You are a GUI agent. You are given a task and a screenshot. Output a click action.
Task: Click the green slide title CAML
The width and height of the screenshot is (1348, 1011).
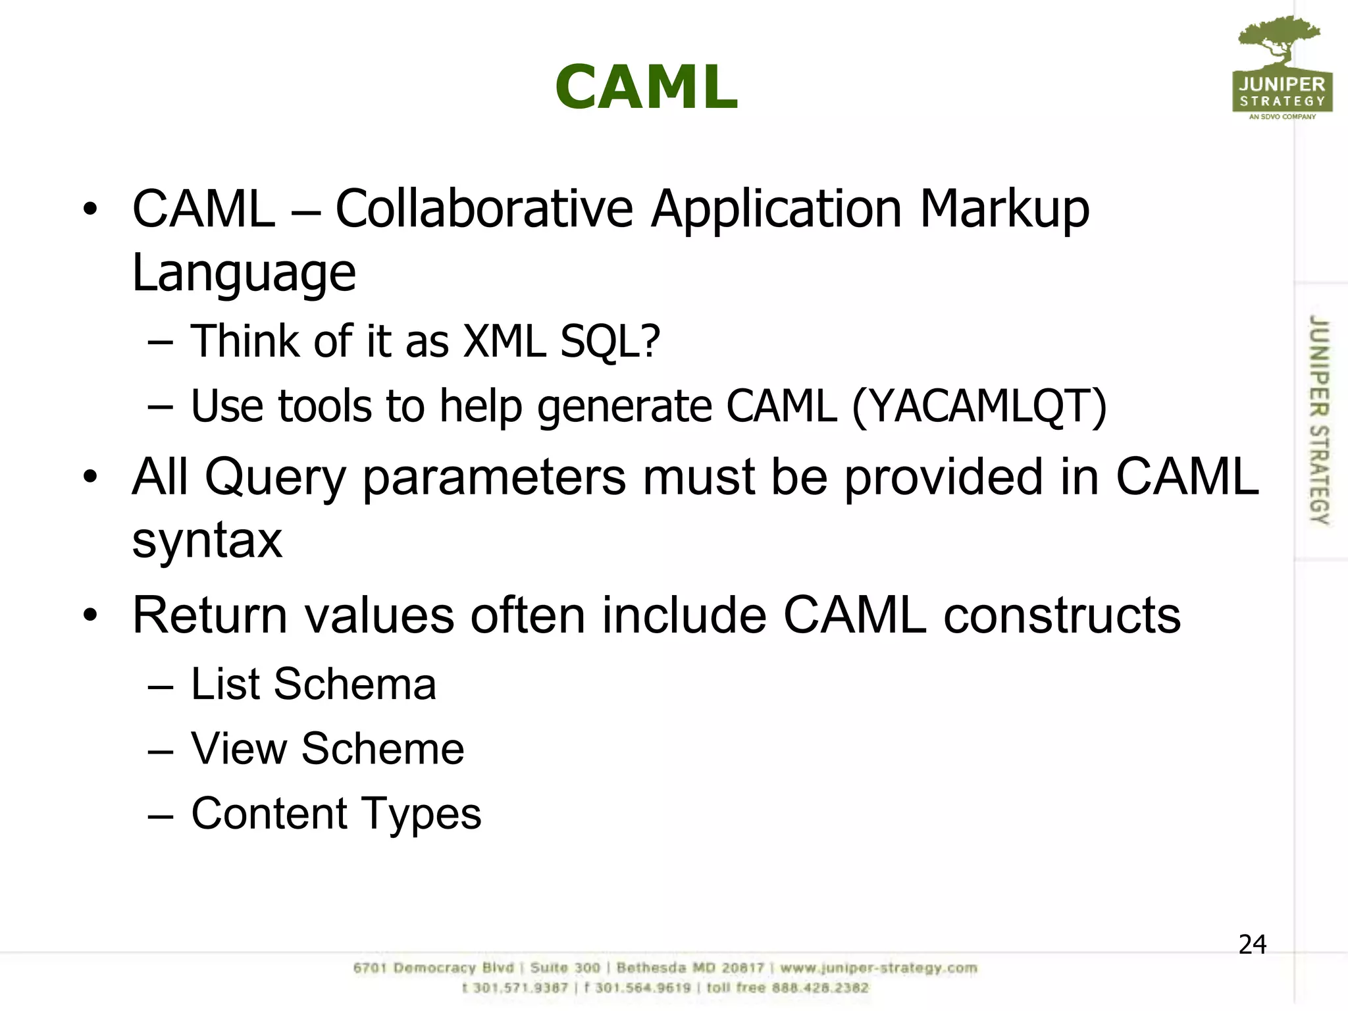click(x=646, y=88)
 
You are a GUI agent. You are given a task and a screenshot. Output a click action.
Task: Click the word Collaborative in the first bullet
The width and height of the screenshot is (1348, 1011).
click(x=484, y=209)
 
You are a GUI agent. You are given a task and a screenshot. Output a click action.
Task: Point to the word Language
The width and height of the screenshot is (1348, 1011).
click(x=244, y=274)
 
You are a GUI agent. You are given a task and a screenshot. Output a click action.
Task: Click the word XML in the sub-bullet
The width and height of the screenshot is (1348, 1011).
click(x=504, y=342)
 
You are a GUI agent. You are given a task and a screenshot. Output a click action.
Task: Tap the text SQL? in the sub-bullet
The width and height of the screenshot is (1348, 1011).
click(x=609, y=343)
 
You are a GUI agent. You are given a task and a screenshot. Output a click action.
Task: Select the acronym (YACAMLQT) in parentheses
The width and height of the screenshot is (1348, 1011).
click(x=979, y=407)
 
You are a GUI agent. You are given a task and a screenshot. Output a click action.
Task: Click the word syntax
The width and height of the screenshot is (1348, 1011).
click(x=207, y=542)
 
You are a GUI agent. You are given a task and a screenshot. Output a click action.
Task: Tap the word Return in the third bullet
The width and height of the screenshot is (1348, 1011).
click(x=210, y=616)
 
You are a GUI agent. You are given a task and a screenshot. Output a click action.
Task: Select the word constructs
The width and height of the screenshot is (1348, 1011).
click(x=1062, y=616)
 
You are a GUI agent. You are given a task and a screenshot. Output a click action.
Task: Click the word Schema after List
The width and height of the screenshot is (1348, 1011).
click(x=355, y=685)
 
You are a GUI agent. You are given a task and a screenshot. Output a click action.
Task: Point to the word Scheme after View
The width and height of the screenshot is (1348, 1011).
click(x=382, y=749)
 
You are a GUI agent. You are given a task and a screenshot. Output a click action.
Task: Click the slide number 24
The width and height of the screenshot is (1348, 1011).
click(x=1252, y=945)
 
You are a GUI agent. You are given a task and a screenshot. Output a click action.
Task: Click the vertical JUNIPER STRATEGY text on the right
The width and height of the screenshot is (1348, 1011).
click(x=1318, y=420)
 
